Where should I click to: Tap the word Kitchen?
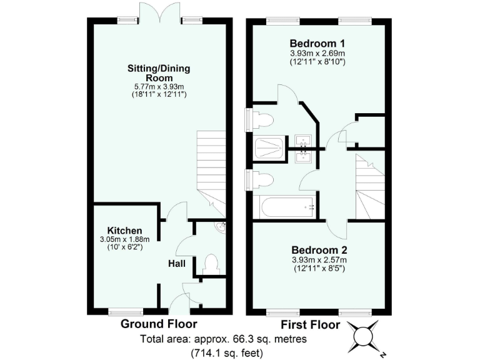pos(124,230)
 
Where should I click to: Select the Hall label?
pos(176,264)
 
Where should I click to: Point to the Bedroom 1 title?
pos(317,43)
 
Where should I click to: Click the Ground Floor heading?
pos(159,324)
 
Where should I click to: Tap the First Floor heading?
pos(310,324)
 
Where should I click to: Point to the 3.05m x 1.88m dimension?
pos(124,239)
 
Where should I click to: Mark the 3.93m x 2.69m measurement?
pos(317,53)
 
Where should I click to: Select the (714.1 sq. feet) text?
pos(227,352)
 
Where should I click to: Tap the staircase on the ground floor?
pos(211,166)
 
